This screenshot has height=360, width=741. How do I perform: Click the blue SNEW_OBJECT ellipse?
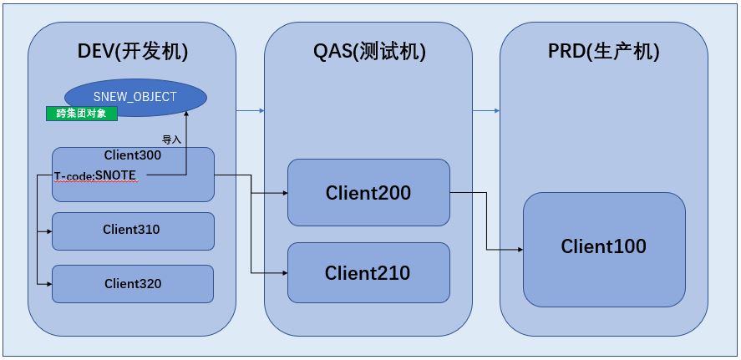pos(134,97)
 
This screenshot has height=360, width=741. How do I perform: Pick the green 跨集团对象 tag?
pos(81,114)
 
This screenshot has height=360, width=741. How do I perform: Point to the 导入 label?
pos(171,139)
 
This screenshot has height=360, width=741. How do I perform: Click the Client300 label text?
pos(133,155)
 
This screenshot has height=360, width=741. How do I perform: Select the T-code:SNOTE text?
pos(94,175)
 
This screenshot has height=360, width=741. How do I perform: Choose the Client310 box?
pos(133,231)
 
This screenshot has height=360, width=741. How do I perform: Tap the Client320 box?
pos(133,284)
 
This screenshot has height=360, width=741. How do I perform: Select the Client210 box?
pos(368,273)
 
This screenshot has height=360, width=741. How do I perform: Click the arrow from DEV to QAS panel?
pos(250,110)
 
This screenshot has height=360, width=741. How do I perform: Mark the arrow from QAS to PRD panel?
pos(486,110)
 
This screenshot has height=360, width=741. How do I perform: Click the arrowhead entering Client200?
pos(284,194)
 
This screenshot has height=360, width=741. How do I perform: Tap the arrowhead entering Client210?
pos(284,273)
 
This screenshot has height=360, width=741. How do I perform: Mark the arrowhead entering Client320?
pos(48,284)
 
